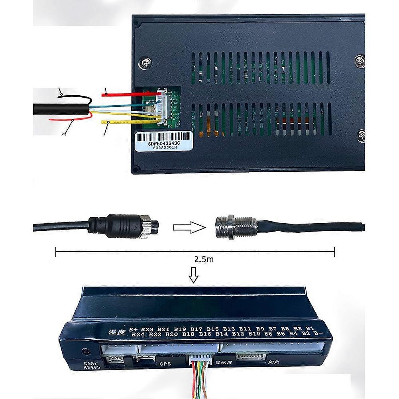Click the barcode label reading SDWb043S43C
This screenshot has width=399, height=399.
point(164,141)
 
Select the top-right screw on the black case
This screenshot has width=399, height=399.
point(360,61)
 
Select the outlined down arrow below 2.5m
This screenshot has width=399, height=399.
point(194,275)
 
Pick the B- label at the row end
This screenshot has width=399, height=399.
point(318,333)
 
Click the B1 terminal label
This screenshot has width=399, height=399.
point(311,328)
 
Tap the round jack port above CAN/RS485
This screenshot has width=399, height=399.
point(86,351)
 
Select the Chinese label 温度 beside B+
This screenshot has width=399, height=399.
point(116,332)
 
